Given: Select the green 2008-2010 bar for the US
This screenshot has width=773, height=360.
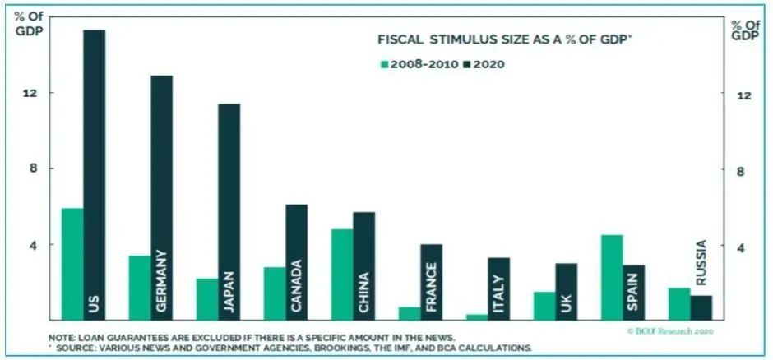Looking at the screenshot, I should pos(72,264).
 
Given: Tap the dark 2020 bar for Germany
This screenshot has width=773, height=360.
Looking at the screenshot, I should pos(161,197).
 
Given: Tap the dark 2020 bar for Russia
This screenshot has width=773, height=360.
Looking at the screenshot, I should pos(701,307).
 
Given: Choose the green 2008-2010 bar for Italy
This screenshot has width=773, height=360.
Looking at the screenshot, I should pos(477,316).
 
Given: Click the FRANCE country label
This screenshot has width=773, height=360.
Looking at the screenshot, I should pos(432,287).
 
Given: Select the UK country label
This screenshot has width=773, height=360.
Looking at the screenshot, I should pos(567,303).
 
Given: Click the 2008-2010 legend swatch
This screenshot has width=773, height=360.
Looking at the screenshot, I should pos(383,63).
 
